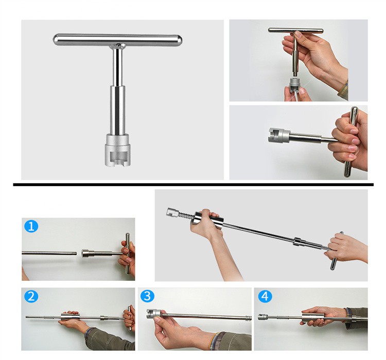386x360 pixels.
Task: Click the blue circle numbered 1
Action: click(31, 226)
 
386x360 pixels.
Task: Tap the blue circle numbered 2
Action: click(31, 296)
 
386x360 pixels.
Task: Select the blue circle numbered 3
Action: click(147, 296)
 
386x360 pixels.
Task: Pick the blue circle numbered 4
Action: click(265, 296)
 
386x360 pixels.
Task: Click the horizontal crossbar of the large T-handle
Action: click(117, 40)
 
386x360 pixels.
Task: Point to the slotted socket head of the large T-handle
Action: click(117, 150)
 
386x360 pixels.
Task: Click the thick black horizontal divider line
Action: click(193, 184)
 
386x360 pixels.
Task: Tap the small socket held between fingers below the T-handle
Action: click(294, 85)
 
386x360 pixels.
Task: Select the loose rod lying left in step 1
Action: click(49, 253)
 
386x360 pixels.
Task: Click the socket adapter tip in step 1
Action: click(87, 253)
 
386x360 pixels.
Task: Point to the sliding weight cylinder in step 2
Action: click(70, 317)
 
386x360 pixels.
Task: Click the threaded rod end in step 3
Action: click(248, 317)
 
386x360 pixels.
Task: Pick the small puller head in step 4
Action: click(262, 317)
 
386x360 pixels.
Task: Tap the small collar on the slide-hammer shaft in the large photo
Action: click(299, 241)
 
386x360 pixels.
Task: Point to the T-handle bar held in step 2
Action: click(130, 318)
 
